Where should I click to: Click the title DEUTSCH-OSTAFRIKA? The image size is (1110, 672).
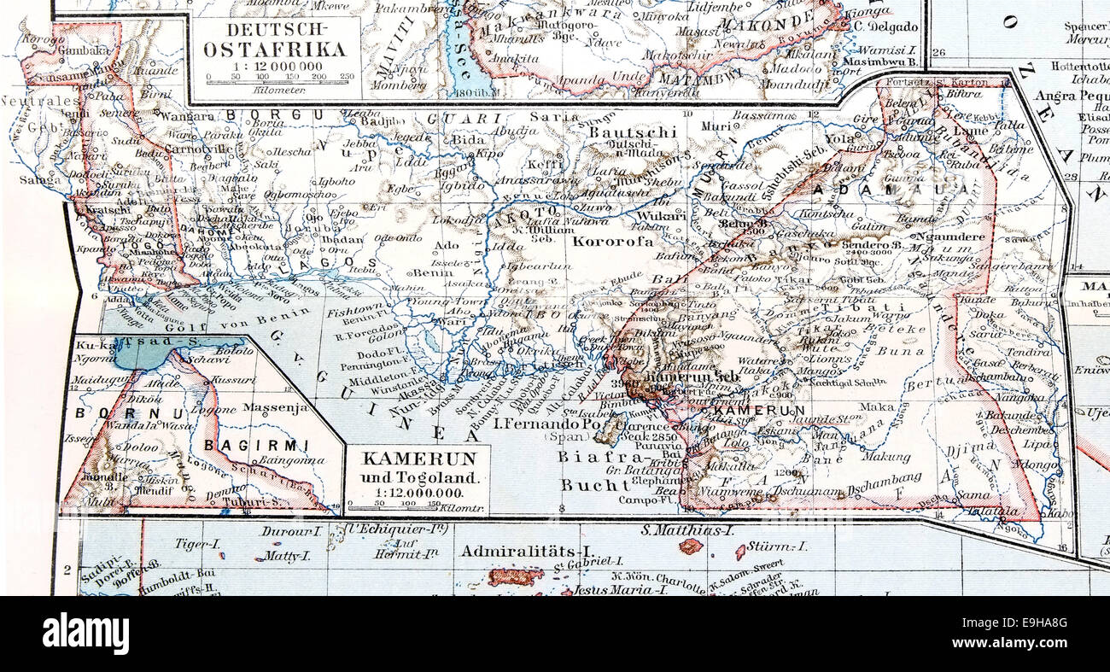pyautogui.click(x=274, y=41)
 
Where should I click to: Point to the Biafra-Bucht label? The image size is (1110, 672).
pyautogui.click(x=589, y=470)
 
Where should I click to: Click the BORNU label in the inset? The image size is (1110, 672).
pyautogui.click(x=108, y=412)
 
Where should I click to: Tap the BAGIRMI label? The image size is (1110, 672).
pyautogui.click(x=256, y=445)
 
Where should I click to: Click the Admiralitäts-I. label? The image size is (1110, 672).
pyautogui.click(x=526, y=551)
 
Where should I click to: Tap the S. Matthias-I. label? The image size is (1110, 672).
pyautogui.click(x=687, y=530)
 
